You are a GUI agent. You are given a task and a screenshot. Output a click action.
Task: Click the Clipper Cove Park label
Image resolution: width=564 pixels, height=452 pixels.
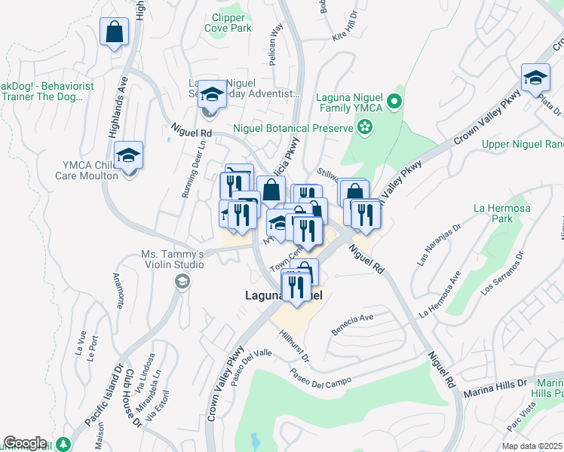point(228,23)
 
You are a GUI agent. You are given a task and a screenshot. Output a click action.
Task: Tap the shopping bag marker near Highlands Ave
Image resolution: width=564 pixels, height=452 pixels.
point(114,32)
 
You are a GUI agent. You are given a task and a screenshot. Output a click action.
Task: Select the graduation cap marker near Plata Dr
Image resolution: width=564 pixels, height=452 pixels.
point(535,78)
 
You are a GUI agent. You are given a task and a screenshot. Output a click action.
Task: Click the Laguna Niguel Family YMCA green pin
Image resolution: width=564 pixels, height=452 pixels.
point(394,101)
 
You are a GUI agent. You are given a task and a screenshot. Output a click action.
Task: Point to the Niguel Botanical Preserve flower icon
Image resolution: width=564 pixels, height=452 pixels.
point(366,127)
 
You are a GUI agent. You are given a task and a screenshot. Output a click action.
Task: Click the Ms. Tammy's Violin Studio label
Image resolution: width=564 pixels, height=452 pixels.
point(172,259)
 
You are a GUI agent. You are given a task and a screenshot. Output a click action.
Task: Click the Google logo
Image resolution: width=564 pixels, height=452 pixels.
point(25,443)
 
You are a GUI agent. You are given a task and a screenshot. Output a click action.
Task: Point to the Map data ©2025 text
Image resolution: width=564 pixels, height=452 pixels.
point(531,446)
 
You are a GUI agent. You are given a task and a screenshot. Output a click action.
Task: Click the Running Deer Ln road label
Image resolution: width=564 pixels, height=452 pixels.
point(190,170)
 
